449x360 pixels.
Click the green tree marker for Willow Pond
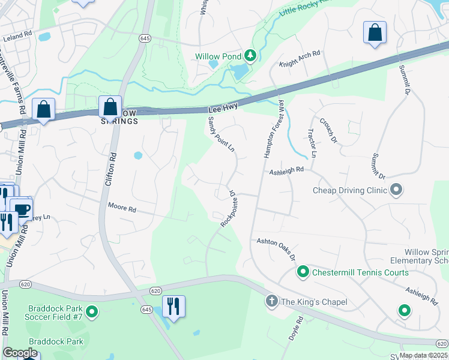pos(250,56)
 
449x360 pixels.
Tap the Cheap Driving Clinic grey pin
pos(396,190)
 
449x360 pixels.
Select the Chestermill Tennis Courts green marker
pos(303,272)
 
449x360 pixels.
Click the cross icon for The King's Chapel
pos(272,301)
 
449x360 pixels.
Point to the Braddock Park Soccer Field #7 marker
pos(92,312)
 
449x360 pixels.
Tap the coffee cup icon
pos(22,210)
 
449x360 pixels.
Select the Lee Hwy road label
pos(223,108)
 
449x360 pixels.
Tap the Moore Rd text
pos(122,207)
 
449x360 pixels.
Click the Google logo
pos(20,353)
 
